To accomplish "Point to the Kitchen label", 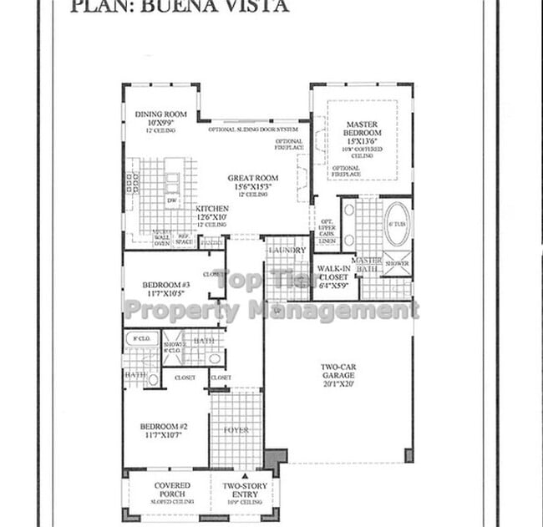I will pyautogui.click(x=212, y=209).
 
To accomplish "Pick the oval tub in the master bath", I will pyautogui.click(x=397, y=224).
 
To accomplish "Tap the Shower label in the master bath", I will pyautogui.click(x=397, y=263).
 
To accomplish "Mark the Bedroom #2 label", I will pyautogui.click(x=164, y=426).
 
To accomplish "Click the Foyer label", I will pyautogui.click(x=236, y=430).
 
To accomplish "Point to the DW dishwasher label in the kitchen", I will pyautogui.click(x=171, y=200).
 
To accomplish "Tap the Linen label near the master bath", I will pyautogui.click(x=327, y=241).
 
